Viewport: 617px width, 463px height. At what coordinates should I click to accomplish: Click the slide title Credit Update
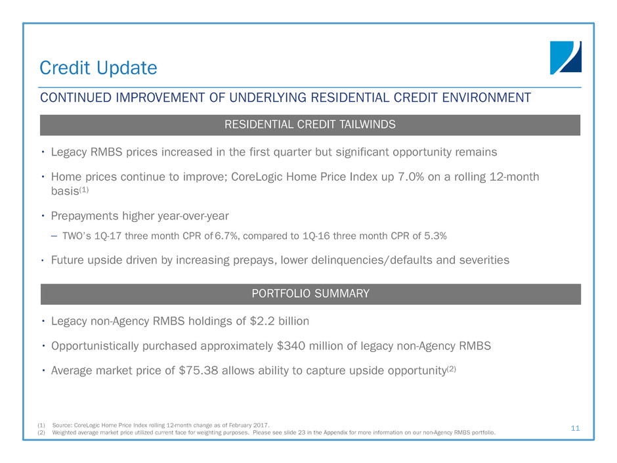click(x=98, y=68)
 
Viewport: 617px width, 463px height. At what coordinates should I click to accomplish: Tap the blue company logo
click(x=565, y=57)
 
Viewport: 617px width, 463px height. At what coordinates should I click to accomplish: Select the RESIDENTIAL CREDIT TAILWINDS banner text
click(x=310, y=125)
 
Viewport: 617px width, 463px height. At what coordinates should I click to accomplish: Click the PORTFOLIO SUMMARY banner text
click(x=310, y=294)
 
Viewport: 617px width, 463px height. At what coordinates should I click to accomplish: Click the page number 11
click(x=575, y=428)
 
